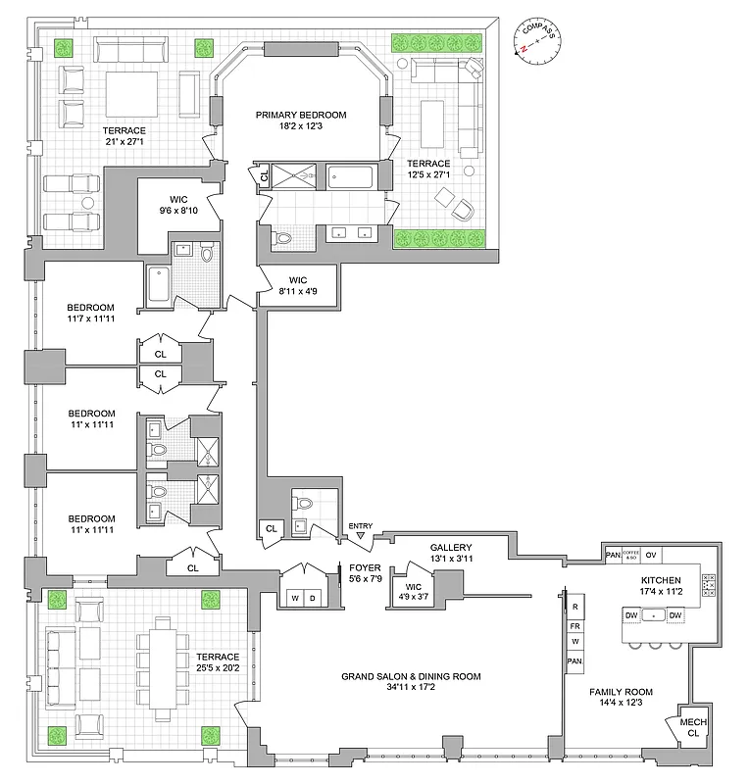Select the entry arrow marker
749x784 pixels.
(361, 535)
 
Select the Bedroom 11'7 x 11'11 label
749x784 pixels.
(91, 313)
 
